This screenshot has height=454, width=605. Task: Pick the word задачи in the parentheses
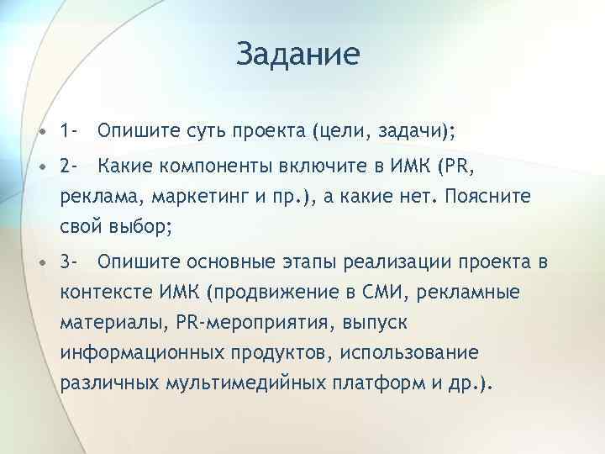pyautogui.click(x=412, y=132)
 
